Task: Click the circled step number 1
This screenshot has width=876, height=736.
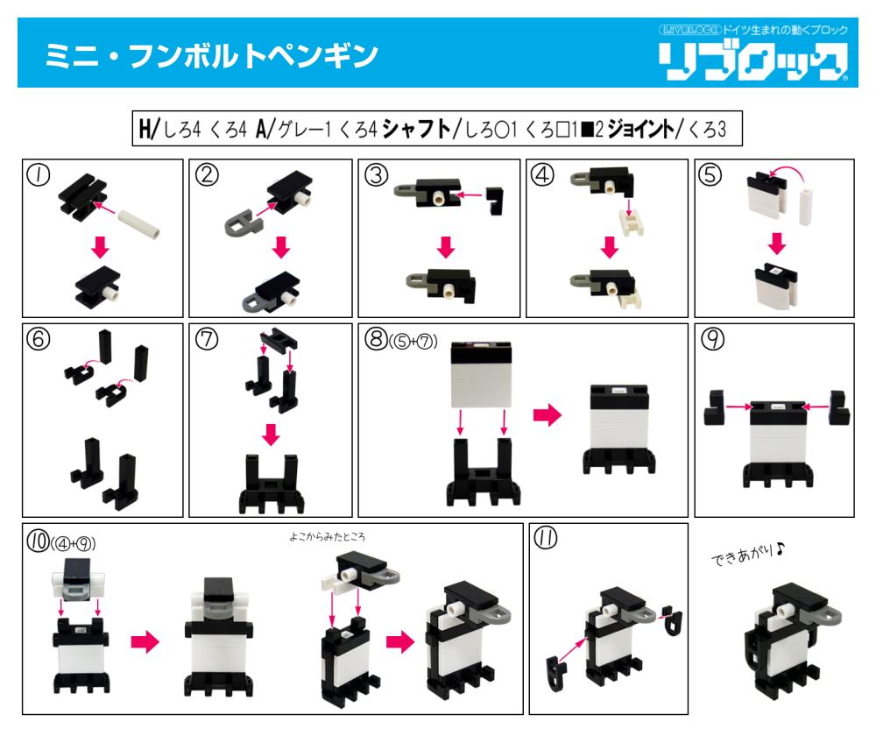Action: tap(39, 175)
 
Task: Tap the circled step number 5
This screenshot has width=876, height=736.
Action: tap(710, 175)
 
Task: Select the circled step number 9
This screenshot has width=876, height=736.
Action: tap(713, 339)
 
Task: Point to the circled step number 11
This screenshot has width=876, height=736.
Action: tap(546, 538)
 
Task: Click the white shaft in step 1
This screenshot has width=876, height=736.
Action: tap(138, 223)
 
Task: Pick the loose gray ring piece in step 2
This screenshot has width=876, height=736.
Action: tap(244, 223)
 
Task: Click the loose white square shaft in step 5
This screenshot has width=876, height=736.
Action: tap(805, 206)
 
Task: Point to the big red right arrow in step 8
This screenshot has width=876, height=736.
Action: tap(547, 415)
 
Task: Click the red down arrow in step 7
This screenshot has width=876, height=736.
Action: tap(271, 435)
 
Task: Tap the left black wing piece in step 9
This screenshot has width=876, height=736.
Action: tap(715, 408)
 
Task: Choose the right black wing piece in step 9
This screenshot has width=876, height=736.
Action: tap(839, 408)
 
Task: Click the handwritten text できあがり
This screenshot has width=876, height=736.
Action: tap(747, 554)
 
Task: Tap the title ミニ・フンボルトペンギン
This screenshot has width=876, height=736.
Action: tap(211, 56)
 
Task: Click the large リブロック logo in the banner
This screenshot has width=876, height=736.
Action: tap(752, 61)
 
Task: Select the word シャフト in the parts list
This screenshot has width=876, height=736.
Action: tap(417, 129)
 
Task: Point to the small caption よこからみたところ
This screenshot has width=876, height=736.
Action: tap(328, 537)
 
